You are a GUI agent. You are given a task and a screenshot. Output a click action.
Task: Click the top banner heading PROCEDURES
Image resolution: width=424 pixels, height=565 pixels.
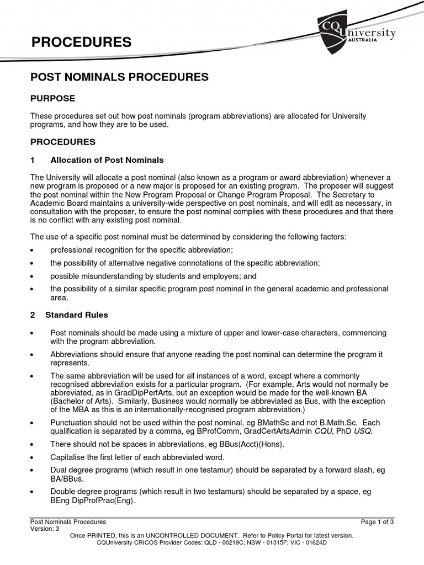tap(81, 42)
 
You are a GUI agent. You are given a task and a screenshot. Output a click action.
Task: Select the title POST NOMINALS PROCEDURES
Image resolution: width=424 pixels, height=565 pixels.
tap(119, 77)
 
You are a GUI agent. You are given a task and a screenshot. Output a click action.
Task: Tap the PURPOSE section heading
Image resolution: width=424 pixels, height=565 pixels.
tap(52, 98)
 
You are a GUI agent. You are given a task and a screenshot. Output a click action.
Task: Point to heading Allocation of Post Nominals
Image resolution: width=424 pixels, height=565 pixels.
tap(107, 160)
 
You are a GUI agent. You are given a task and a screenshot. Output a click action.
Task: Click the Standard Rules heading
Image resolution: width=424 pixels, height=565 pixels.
tap(77, 315)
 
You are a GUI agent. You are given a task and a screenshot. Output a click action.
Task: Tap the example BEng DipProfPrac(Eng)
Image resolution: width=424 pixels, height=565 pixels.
tap(93, 502)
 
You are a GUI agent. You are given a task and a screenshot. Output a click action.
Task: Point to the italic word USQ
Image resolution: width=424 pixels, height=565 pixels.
tap(362, 431)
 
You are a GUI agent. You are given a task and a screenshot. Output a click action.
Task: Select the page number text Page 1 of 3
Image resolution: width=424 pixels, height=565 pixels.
tap(377, 521)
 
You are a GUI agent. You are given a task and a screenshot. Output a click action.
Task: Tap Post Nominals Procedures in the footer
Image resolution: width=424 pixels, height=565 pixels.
tap(68, 521)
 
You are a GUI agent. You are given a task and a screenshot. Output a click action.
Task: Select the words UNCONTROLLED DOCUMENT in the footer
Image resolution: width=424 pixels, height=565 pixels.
tap(194, 535)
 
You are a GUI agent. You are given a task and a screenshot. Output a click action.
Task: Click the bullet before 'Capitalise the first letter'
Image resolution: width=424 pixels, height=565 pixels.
tap(33, 458)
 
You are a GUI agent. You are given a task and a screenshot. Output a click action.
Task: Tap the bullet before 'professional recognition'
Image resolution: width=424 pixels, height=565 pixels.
tap(33, 250)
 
